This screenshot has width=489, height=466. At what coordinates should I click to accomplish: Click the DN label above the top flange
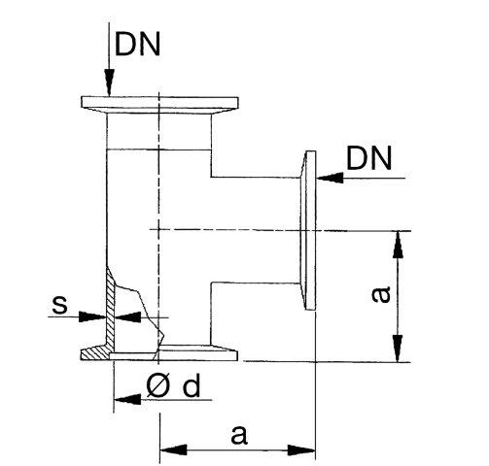pyautogui.click(x=138, y=45)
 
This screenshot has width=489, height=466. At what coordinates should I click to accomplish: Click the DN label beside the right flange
pyautogui.click(x=369, y=158)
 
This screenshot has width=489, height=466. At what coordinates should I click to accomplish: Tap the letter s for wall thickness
pyautogui.click(x=60, y=305)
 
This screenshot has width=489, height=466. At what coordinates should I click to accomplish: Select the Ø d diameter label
pyautogui.click(x=173, y=386)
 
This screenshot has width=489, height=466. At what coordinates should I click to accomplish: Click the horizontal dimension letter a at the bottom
pyautogui.click(x=239, y=435)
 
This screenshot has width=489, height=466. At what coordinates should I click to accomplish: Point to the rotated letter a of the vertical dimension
pyautogui.click(x=381, y=294)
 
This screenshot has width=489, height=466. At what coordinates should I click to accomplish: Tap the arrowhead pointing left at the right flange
pyautogui.click(x=330, y=178)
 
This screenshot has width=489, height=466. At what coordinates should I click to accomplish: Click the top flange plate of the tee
pyautogui.click(x=159, y=102)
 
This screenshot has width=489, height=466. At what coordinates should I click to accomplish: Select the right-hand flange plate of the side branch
pyautogui.click(x=310, y=230)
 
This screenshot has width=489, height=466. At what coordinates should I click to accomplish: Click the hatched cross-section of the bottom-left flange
pyautogui.click(x=96, y=353)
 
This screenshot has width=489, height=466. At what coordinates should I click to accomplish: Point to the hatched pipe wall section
pyautogui.click(x=110, y=309)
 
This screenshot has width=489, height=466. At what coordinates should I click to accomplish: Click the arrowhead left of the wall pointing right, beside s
pyautogui.click(x=92, y=316)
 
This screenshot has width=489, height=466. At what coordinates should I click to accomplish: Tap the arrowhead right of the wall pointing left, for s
pyautogui.click(x=128, y=317)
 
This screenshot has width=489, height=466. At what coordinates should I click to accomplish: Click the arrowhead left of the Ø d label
pyautogui.click(x=127, y=399)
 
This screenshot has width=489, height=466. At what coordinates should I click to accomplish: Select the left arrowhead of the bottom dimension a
pyautogui.click(x=174, y=449)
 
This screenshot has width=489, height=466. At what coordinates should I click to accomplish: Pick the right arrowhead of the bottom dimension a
pyautogui.click(x=301, y=450)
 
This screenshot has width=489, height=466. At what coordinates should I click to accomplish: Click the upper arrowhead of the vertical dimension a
pyautogui.click(x=398, y=245)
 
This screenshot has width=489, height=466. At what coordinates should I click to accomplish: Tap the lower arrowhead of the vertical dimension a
pyautogui.click(x=398, y=349)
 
